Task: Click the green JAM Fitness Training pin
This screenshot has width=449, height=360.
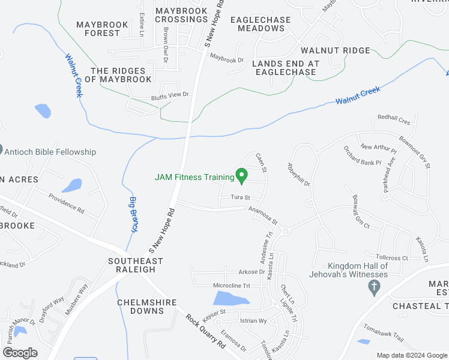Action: point(242,176)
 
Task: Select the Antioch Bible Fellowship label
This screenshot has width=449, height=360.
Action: point(50,152)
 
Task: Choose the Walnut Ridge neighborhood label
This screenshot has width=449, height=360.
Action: point(336,50)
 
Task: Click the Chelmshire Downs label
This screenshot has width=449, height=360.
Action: point(140,307)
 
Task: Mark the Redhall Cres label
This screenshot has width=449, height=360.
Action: point(394,121)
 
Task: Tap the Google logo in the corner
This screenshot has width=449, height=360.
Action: point(20,353)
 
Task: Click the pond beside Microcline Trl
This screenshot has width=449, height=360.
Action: point(230,298)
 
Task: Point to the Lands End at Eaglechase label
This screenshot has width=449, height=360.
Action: point(285,68)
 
